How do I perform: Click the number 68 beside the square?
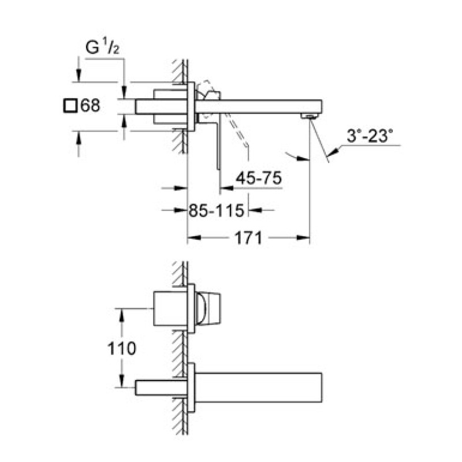(x=90, y=106)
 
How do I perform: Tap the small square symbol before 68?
(x=70, y=106)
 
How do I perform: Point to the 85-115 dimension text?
(x=217, y=211)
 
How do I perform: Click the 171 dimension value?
(x=249, y=237)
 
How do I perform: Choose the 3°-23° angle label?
(x=370, y=137)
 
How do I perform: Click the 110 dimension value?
(x=122, y=348)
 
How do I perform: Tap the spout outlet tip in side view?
(x=310, y=117)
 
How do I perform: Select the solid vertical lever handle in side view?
(x=218, y=144)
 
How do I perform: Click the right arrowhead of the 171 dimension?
(x=306, y=237)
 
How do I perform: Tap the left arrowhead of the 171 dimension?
(x=192, y=237)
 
